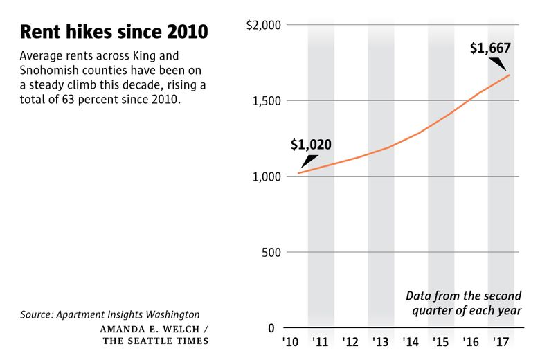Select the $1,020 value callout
pyautogui.click(x=311, y=145)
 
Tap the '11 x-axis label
pyautogui.click(x=321, y=343)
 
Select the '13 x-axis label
pyautogui.click(x=381, y=343)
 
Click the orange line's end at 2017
pyautogui.click(x=510, y=75)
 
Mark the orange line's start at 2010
pyautogui.click(x=298, y=173)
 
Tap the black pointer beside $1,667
pyautogui.click(x=496, y=64)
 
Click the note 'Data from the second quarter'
pyautogui.click(x=463, y=296)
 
